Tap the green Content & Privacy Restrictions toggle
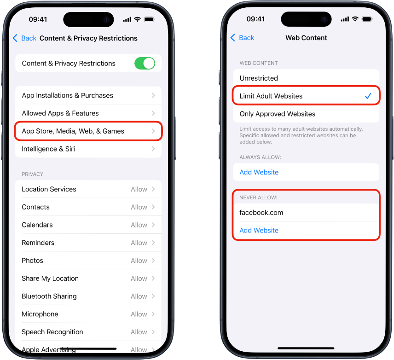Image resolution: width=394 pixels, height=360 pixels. [145, 64]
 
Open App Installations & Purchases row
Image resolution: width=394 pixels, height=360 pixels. [88, 96]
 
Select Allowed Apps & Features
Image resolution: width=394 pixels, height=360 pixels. [88, 113]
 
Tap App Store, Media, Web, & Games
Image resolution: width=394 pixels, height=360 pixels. [88, 131]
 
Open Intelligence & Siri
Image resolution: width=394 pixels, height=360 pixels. [88, 149]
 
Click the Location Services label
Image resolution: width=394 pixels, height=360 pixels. [49, 189]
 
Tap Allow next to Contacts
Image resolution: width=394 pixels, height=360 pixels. [139, 207]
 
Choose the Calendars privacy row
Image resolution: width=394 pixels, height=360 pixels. [88, 225]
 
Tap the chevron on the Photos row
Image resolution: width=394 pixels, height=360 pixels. [153, 261]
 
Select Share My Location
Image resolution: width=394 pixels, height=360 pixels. [88, 279]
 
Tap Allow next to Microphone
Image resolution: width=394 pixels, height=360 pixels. [139, 314]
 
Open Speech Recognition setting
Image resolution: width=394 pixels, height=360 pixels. [88, 332]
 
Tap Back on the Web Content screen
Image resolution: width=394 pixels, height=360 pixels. [242, 38]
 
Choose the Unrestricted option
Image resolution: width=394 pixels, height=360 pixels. [306, 78]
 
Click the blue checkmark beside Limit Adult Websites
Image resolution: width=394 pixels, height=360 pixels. [368, 96]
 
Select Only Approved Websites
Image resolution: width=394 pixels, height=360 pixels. [306, 114]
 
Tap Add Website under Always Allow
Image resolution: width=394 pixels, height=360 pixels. [259, 172]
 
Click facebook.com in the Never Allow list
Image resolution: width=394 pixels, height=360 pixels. [261, 213]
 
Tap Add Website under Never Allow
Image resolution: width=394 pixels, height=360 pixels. [259, 231]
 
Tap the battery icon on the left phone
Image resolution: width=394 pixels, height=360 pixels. [149, 19]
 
